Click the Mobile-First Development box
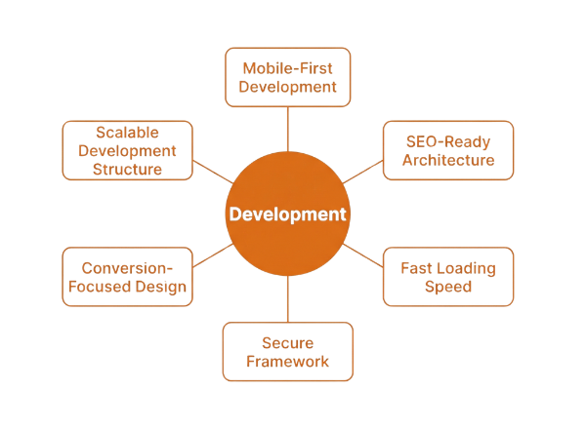point(287,77)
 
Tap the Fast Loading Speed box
point(448,277)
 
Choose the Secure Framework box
point(287,351)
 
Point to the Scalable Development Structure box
point(127,150)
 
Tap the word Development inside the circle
point(287,214)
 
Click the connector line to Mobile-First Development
point(287,127)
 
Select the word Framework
point(287,362)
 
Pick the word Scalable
point(127,132)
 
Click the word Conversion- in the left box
point(127,267)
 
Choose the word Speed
point(448,287)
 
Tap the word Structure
point(127,169)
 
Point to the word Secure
point(287,342)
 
